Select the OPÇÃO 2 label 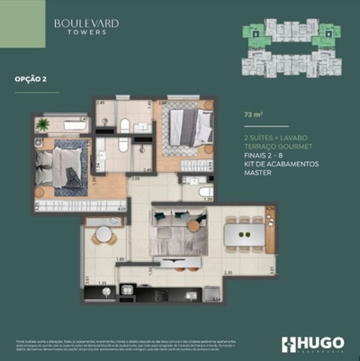pos(31,79)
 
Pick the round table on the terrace pos(103,234)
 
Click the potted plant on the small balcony pos(41,125)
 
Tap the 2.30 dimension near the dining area pos(228,273)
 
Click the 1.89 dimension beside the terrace pos(120,259)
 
